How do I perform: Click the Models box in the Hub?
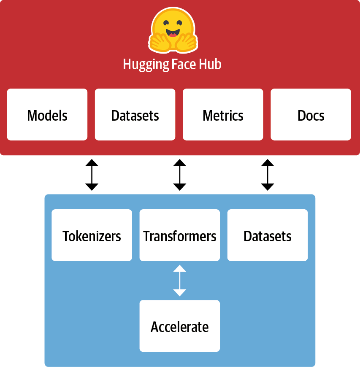point(47,114)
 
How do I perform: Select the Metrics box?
point(223,114)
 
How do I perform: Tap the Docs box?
point(311,114)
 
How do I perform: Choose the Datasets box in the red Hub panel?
point(135,114)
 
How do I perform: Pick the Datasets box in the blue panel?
point(268,235)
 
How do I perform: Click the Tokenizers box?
point(92,235)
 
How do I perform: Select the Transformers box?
point(180,235)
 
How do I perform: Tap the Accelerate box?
point(180,326)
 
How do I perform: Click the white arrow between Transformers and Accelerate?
point(180,281)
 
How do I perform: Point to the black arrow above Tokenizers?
point(92,175)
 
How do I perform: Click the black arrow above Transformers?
point(180,175)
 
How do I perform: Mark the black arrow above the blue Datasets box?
point(268,175)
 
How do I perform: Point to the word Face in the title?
point(182,65)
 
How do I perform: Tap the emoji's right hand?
point(187,41)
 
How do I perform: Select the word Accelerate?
point(180,327)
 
